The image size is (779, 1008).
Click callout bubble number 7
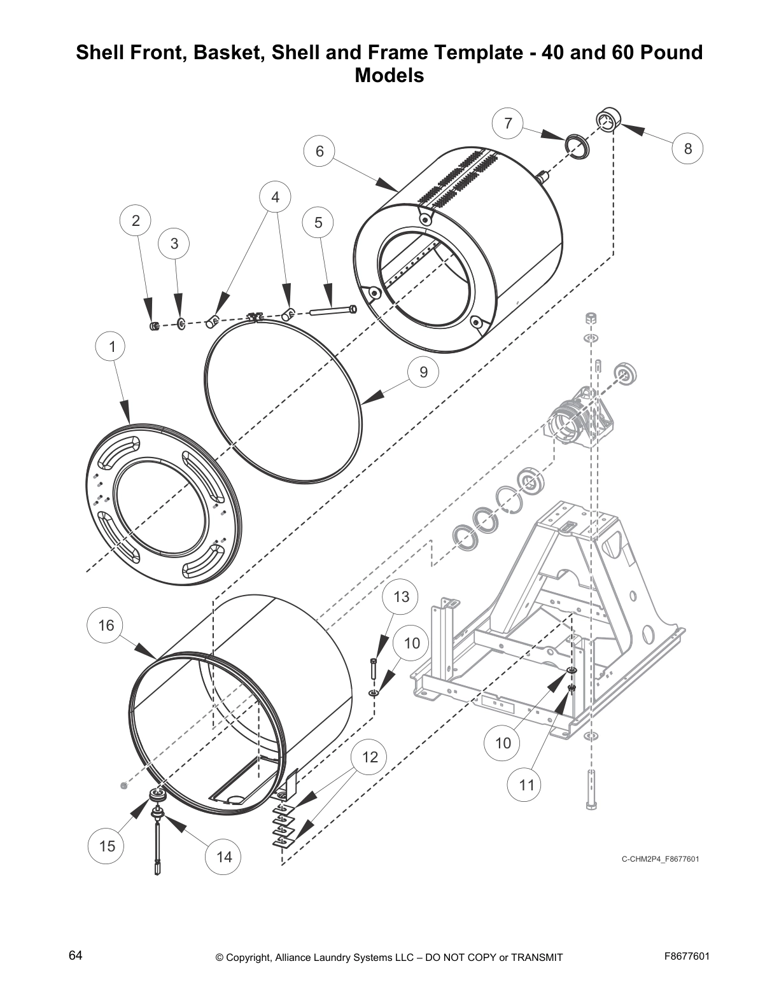click(508, 123)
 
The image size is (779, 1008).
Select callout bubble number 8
click(688, 149)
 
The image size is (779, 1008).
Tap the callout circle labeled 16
click(106, 626)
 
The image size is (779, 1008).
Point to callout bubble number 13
click(402, 597)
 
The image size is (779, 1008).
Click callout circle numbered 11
click(526, 785)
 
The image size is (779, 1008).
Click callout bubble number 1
click(113, 347)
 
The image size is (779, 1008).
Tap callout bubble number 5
click(318, 223)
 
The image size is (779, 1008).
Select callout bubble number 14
click(224, 857)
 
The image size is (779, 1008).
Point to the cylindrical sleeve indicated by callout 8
click(608, 119)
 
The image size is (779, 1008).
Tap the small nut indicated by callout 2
click(153, 326)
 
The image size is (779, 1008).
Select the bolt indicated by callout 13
click(374, 669)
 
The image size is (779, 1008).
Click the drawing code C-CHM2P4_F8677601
click(660, 860)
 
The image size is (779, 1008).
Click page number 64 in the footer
click(76, 956)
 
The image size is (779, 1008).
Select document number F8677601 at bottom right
click(686, 956)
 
